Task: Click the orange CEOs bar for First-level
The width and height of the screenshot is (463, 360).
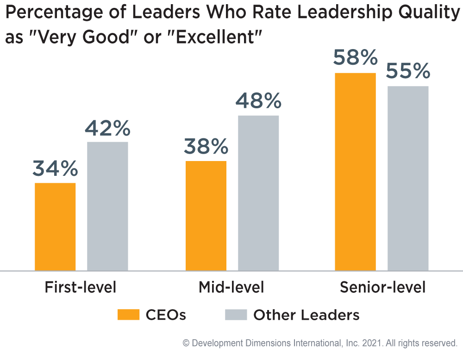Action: click(x=55, y=226)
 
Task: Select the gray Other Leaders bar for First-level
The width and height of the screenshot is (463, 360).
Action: click(x=107, y=205)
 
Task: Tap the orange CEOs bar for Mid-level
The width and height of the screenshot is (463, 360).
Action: click(x=206, y=215)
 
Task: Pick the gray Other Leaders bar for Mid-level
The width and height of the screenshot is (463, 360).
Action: click(x=258, y=192)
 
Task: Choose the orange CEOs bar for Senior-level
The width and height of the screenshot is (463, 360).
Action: click(x=356, y=171)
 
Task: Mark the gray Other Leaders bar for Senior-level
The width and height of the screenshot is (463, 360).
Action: click(x=408, y=178)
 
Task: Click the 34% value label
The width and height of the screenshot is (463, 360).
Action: click(x=55, y=169)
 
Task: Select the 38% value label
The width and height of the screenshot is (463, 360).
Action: click(x=206, y=147)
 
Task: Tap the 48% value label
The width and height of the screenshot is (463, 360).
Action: click(x=258, y=101)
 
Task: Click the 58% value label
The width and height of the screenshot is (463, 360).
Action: click(x=356, y=59)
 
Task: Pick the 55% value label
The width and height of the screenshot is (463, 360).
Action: click(x=408, y=72)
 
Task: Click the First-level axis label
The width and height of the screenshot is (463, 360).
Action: click(x=80, y=287)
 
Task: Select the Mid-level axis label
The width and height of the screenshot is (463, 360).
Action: click(x=231, y=287)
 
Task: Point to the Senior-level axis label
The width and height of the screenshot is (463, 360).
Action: click(x=382, y=287)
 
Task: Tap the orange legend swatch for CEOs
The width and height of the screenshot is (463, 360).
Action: click(x=128, y=315)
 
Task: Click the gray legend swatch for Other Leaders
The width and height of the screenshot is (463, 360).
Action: click(x=236, y=315)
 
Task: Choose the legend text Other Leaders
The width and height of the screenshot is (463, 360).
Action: click(x=306, y=315)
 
